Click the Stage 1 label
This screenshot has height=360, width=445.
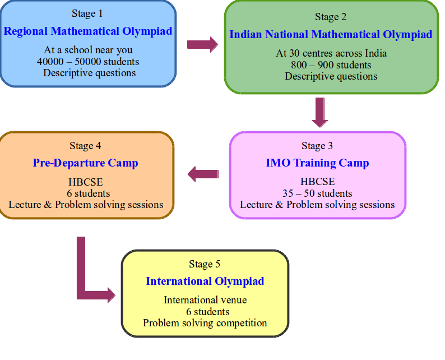tap(87, 13)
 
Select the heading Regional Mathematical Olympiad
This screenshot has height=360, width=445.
tap(88, 31)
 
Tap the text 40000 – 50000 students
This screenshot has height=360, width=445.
tap(88, 62)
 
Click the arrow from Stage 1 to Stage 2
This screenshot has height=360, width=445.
tap(203, 44)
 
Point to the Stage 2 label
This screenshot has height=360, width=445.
tap(331, 17)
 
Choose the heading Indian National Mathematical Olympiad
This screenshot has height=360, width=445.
tap(331, 35)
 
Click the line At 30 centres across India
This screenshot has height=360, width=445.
tap(331, 53)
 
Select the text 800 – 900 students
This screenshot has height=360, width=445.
tap(331, 65)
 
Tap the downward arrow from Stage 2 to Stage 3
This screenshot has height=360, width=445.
tap(320, 113)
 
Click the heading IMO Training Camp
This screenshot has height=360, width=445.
tap(317, 163)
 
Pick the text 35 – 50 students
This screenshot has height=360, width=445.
tap(317, 193)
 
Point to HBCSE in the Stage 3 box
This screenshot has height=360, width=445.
tap(318, 182)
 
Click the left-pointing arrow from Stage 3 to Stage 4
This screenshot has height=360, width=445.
tap(203, 174)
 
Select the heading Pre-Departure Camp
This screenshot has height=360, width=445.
tap(85, 163)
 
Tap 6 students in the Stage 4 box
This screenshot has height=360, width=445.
tap(88, 193)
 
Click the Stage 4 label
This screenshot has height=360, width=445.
tap(85, 146)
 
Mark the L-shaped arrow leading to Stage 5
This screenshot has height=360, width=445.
tap(81, 284)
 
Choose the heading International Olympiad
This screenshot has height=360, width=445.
tap(205, 281)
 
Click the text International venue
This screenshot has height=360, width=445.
tap(205, 300)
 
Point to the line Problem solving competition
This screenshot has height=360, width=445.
tap(205, 323)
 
